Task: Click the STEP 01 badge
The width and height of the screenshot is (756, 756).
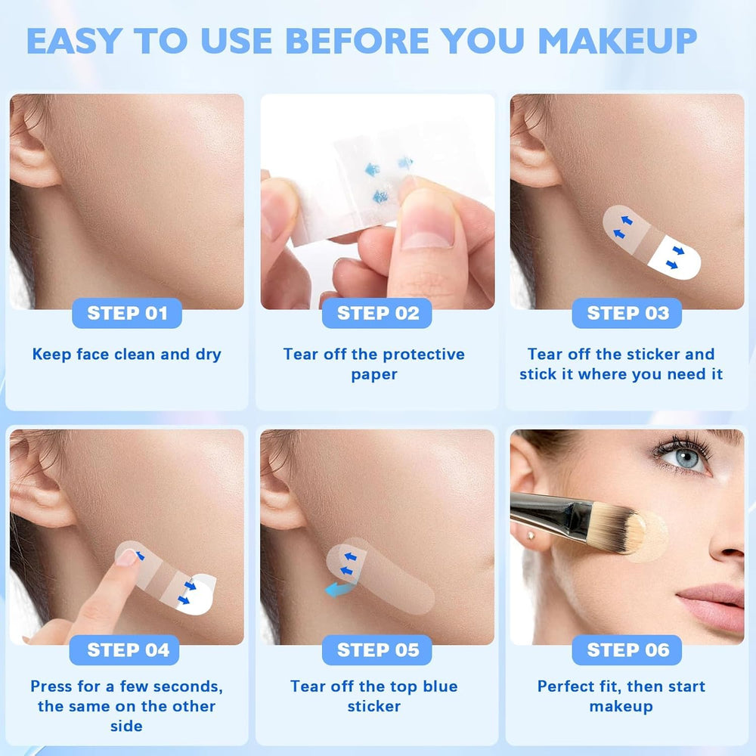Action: coord(127,313)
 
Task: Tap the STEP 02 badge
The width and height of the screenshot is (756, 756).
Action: coord(377,313)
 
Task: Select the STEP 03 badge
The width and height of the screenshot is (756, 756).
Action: coord(627,313)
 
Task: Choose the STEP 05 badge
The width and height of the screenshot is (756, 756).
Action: coord(377,650)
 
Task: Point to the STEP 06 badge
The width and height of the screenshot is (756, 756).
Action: coord(627,650)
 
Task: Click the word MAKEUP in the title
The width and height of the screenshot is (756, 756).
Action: coord(617,41)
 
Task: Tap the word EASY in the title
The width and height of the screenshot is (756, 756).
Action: coord(74,41)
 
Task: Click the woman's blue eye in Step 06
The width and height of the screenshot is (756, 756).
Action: coord(686,457)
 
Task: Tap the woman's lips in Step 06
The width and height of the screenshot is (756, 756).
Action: coord(714,606)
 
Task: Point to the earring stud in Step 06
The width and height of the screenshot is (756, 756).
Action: coord(531,536)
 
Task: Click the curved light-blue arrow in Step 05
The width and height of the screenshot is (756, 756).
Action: coord(340,589)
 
